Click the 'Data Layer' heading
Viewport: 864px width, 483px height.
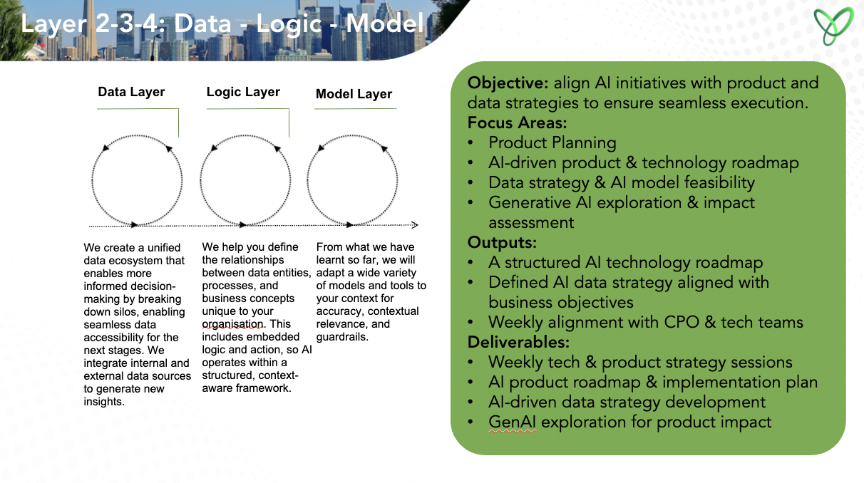coord(131,92)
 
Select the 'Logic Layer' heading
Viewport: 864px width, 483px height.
coord(243,92)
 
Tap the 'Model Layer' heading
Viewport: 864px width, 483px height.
coord(354,93)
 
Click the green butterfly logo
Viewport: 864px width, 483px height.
coord(833,26)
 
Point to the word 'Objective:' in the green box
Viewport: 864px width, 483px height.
coord(508,83)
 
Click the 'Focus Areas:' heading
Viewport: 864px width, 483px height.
coord(518,123)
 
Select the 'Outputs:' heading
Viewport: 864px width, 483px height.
coord(502,243)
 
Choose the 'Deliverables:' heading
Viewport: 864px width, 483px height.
coord(518,342)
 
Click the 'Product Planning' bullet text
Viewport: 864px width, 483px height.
coord(552,142)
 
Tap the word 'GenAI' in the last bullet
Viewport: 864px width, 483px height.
coord(512,422)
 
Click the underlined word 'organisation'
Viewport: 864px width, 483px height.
coord(232,324)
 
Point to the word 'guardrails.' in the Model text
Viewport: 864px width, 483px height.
coord(342,337)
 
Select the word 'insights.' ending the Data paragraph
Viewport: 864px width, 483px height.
coord(104,401)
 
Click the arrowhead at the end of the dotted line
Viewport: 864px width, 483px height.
coord(415,224)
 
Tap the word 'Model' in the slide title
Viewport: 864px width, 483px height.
coord(384,23)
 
